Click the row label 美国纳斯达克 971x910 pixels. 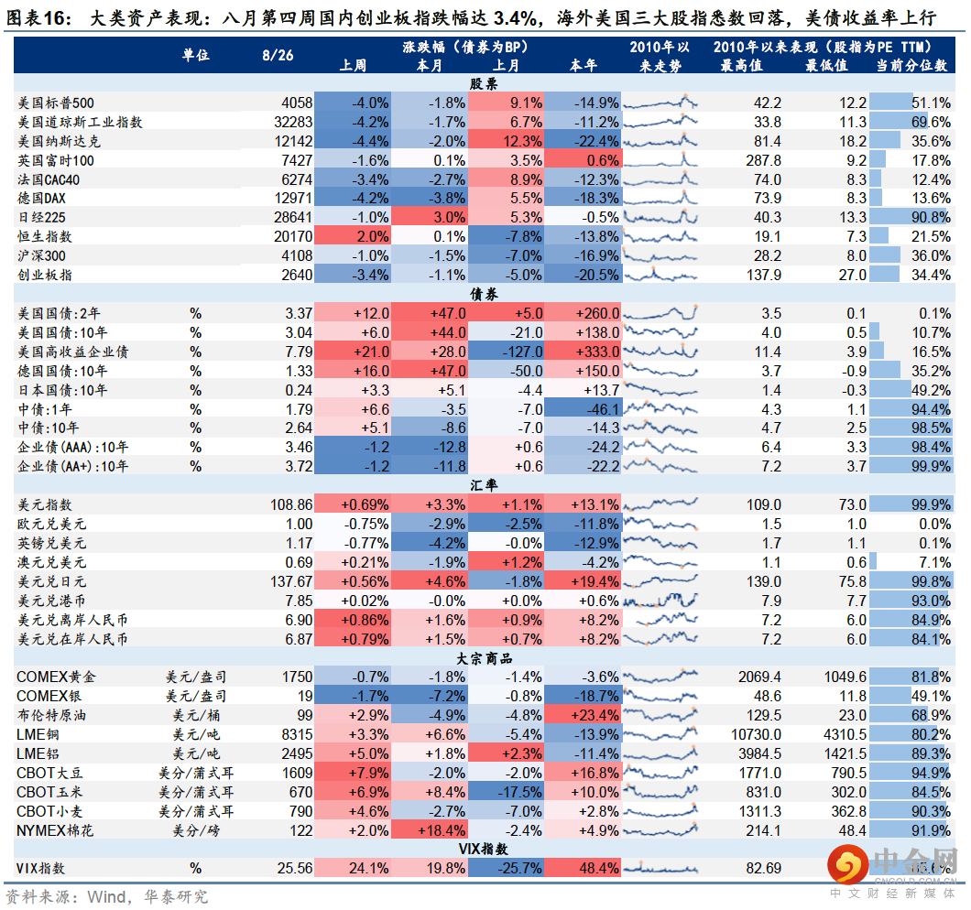coord(60,141)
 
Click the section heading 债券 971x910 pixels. coord(484,294)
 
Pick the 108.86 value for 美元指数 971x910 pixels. coord(290,504)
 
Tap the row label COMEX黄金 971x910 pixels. coord(56,677)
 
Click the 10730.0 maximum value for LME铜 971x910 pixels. coord(755,734)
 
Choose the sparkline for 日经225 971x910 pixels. coord(660,217)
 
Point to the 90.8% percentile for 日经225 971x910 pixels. coord(931,217)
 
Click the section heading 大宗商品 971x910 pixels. coord(484,658)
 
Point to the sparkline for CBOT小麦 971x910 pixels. coord(660,811)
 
